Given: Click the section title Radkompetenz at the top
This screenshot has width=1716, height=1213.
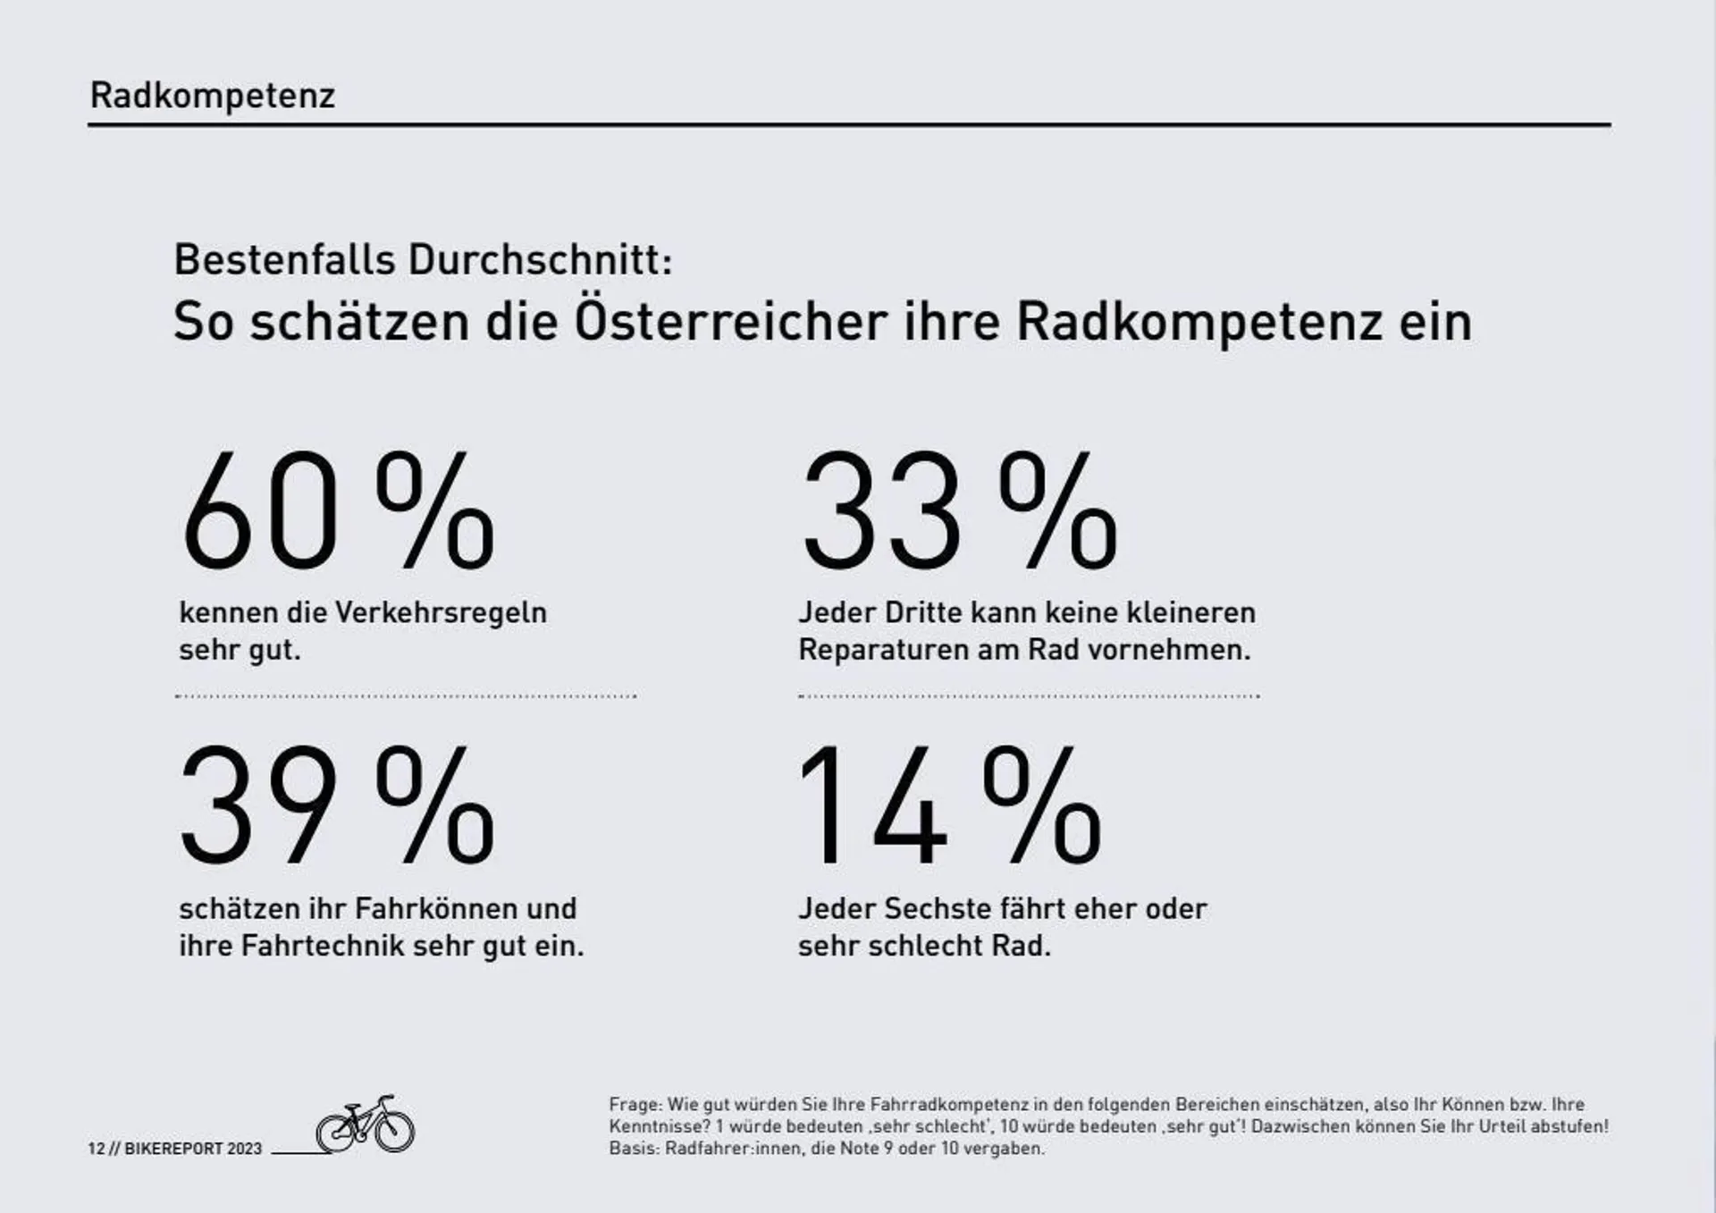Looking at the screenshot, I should click(x=212, y=96).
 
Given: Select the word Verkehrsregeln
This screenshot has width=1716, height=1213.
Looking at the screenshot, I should click(x=441, y=613).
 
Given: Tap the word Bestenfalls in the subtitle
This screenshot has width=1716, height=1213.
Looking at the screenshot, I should click(x=284, y=260).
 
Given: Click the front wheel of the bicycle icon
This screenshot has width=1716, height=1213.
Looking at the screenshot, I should click(x=394, y=1131).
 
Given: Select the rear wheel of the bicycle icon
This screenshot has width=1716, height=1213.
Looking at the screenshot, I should click(x=336, y=1133).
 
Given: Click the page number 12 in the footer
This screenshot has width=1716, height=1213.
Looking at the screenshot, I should click(x=96, y=1149).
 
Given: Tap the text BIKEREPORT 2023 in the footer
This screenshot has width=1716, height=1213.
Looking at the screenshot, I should click(x=193, y=1149).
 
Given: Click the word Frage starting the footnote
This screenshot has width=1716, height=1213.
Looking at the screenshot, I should click(x=635, y=1105).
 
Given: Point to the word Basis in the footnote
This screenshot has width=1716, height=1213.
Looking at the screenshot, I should click(x=634, y=1149).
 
